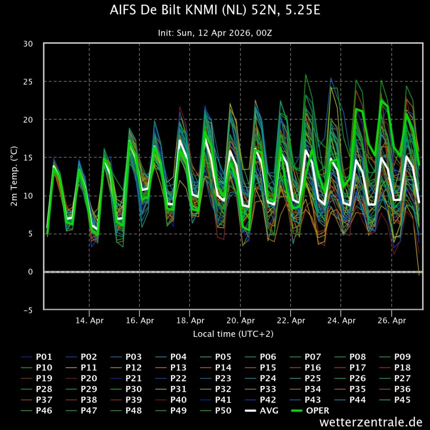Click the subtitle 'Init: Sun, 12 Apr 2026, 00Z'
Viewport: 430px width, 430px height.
215,33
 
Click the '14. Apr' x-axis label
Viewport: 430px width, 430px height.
89,321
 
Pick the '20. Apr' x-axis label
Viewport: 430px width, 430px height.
240,321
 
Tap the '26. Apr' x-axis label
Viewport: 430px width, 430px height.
391,321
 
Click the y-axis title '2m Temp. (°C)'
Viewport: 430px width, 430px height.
14,176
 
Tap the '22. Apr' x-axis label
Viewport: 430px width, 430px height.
291,321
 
